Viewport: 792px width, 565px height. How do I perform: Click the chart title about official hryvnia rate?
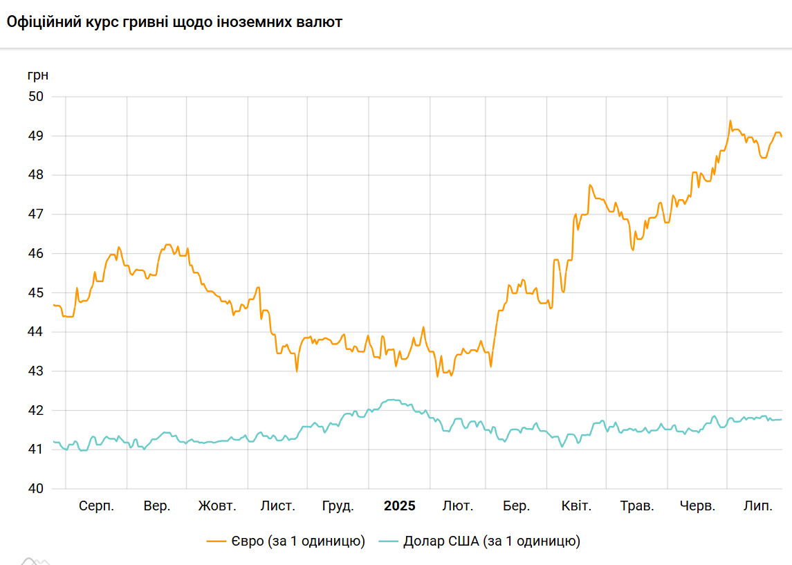[174, 22]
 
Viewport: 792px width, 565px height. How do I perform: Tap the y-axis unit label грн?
[38, 75]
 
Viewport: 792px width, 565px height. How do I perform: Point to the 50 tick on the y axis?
[35, 96]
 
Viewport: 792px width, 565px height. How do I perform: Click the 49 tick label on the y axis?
[35, 136]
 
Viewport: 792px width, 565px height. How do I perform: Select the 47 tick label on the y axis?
[35, 214]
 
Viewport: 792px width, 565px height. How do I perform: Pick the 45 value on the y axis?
[35, 293]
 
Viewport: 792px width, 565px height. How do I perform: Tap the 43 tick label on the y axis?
[35, 371]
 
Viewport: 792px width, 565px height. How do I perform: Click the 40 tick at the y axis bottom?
[35, 489]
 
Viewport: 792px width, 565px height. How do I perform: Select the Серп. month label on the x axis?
[97, 506]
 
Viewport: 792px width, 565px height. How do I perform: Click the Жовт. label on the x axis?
[217, 506]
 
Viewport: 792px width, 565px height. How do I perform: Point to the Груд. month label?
[338, 506]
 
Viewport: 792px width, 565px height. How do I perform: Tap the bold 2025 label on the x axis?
[400, 506]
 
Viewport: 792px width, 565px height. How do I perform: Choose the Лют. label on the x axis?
[458, 506]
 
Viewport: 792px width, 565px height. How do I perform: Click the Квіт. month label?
[576, 506]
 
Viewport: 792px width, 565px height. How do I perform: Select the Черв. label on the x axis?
[697, 506]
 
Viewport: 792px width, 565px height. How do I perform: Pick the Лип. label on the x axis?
[758, 506]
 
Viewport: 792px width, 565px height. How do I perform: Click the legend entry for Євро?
[286, 541]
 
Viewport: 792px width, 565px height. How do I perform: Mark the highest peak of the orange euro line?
[730, 121]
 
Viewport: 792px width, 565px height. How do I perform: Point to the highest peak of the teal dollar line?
[392, 400]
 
